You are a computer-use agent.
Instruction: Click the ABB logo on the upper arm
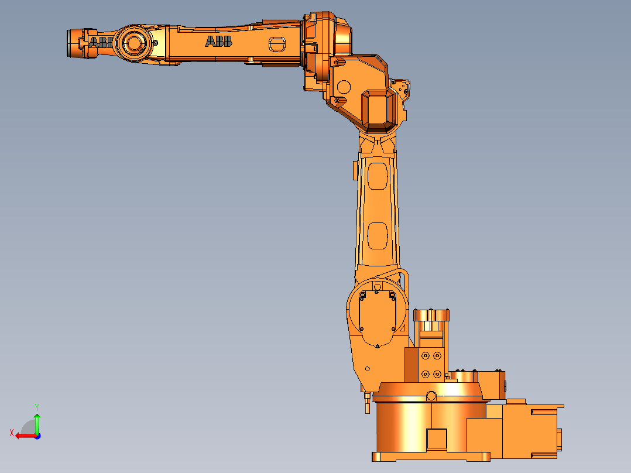point(218,41)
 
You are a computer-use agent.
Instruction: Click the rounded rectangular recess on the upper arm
point(276,44)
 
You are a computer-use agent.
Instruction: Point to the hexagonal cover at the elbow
point(379,109)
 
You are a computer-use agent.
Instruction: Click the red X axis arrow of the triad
point(23,435)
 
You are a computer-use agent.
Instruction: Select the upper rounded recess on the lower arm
point(378,176)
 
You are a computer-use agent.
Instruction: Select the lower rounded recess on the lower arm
point(378,234)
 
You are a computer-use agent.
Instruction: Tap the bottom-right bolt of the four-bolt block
point(437,373)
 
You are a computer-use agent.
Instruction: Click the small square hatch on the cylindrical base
point(437,439)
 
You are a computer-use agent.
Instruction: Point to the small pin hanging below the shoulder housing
point(367,404)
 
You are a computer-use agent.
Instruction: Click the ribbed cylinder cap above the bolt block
point(432,316)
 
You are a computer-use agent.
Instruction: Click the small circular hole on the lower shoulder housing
point(368,369)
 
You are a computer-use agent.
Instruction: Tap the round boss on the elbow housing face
point(344,87)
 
